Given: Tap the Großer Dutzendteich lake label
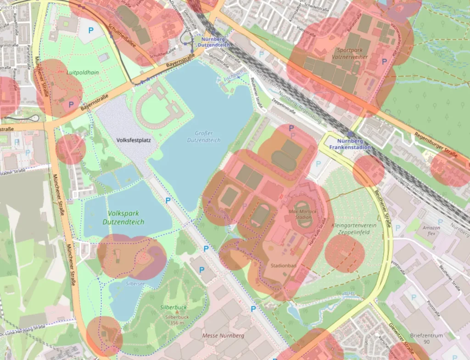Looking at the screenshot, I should pyautogui.click(x=204, y=136).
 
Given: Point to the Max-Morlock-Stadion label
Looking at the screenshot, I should pyautogui.click(x=303, y=215).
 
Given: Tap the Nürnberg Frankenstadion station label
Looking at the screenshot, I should pyautogui.click(x=353, y=144).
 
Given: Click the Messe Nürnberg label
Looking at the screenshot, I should pyautogui.click(x=223, y=336).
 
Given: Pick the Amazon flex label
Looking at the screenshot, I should pyautogui.click(x=431, y=231).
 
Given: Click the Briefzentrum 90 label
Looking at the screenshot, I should pyautogui.click(x=426, y=339).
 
